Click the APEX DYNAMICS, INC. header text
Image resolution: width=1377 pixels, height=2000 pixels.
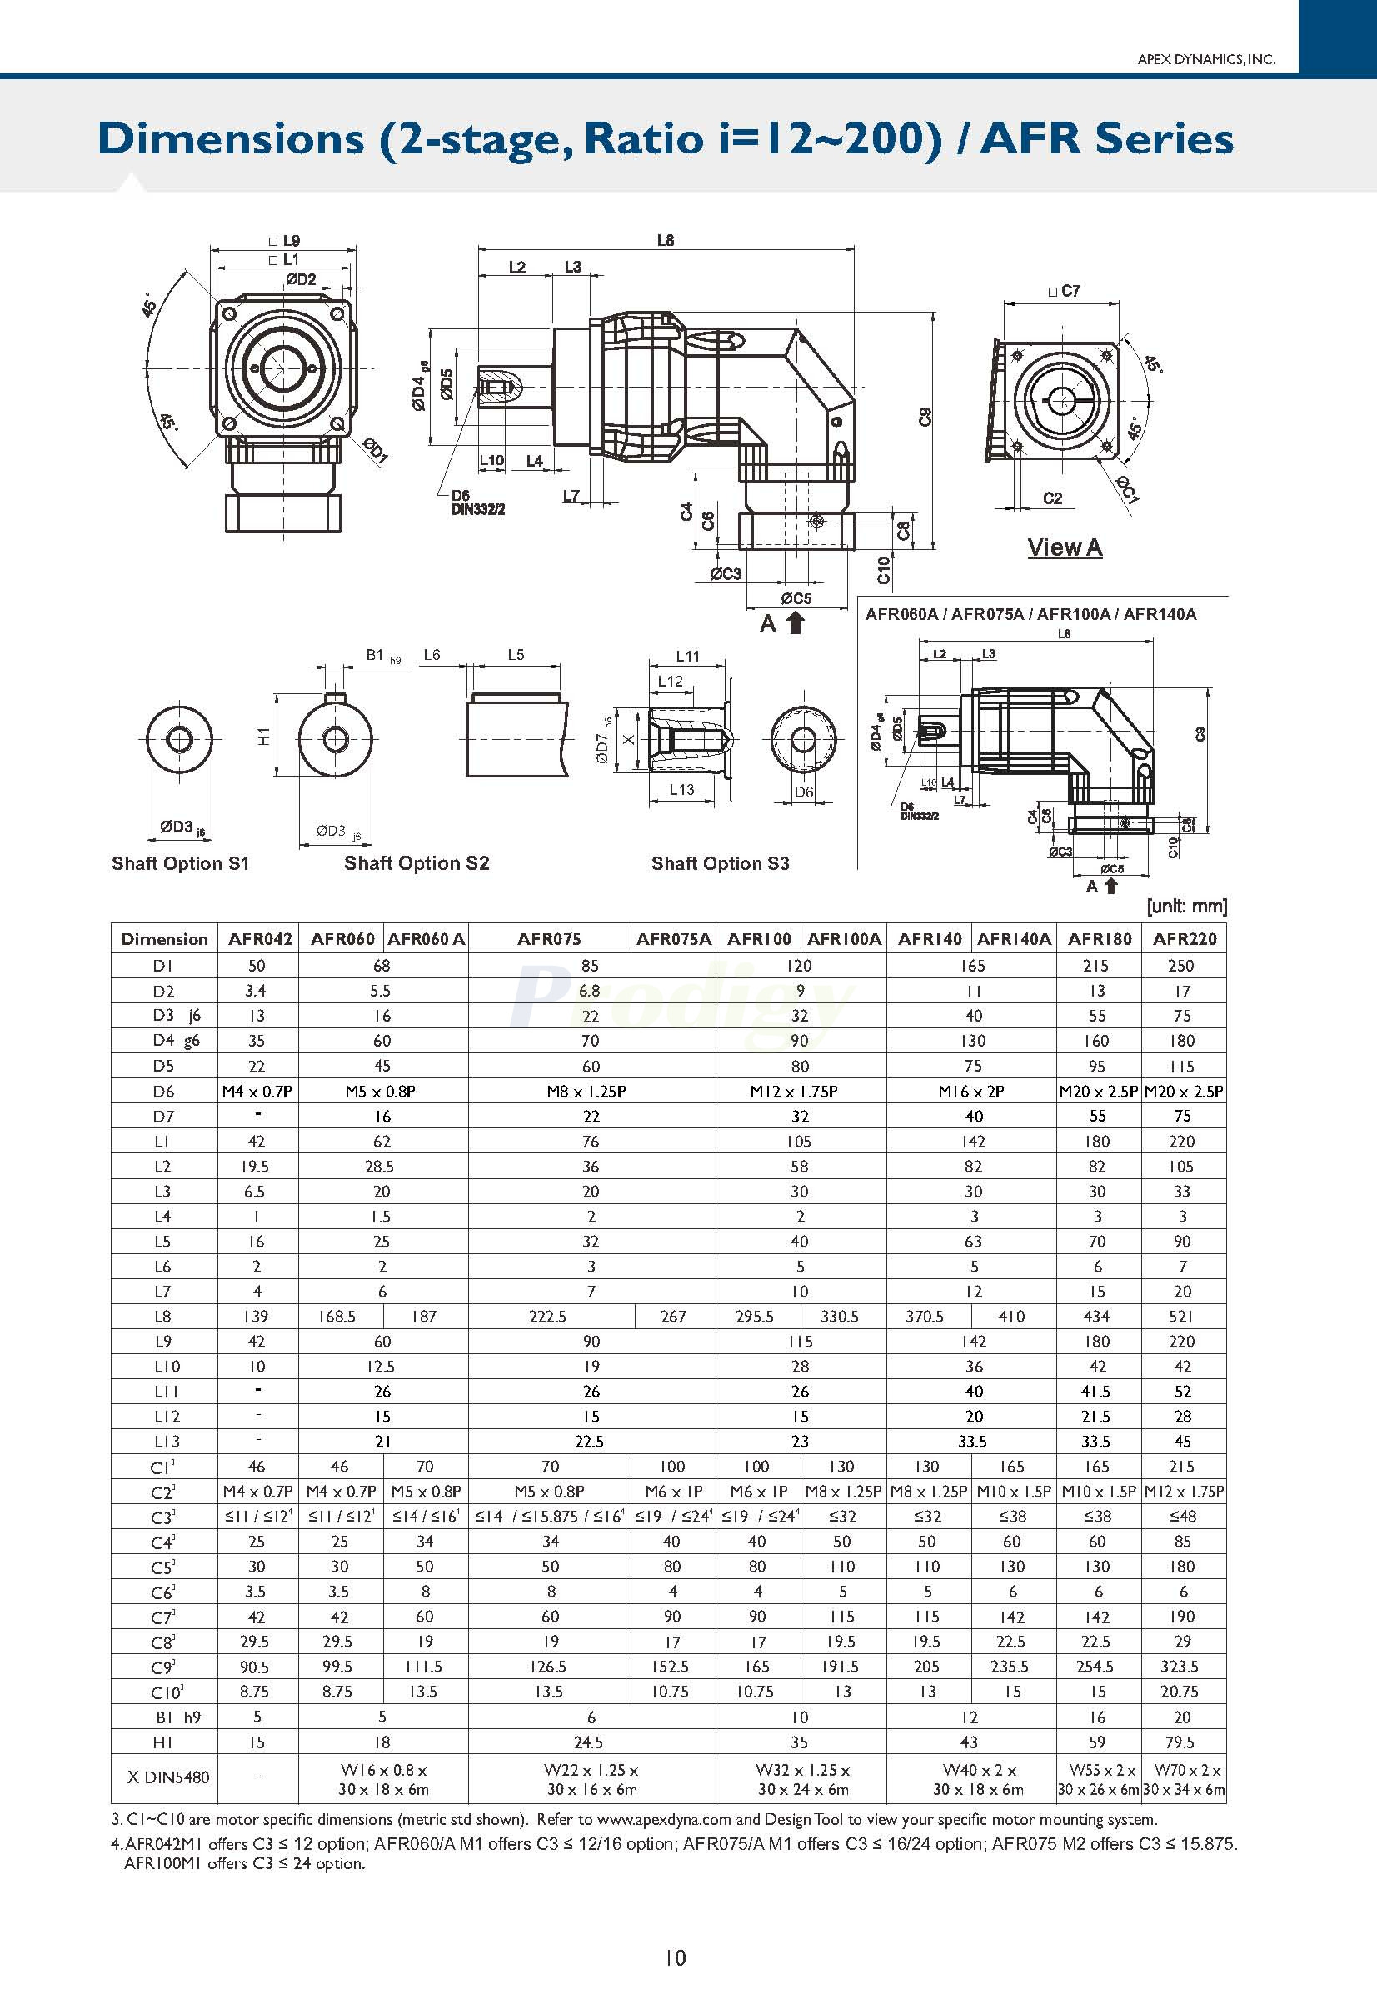(x=1205, y=59)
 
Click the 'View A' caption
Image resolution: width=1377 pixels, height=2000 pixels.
(x=1064, y=547)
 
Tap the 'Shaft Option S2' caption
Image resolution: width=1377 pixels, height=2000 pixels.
(x=416, y=863)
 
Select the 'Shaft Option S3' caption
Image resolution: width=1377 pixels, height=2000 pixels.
(x=720, y=863)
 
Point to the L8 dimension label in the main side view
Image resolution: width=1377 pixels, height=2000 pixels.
(x=665, y=241)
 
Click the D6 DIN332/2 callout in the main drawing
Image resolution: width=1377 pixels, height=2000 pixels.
(x=477, y=502)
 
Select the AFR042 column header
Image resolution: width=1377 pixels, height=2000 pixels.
(x=260, y=939)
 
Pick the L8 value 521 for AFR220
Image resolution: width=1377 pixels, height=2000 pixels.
(x=1182, y=1317)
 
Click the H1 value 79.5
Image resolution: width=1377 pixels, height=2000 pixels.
(x=1182, y=1742)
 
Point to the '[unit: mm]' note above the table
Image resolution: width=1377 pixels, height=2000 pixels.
(x=1186, y=907)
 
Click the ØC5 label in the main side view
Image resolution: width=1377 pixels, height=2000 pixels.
(x=796, y=598)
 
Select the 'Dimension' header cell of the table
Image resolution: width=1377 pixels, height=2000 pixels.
(x=164, y=939)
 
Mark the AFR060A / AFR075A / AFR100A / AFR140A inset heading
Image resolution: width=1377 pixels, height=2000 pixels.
(x=1030, y=615)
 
